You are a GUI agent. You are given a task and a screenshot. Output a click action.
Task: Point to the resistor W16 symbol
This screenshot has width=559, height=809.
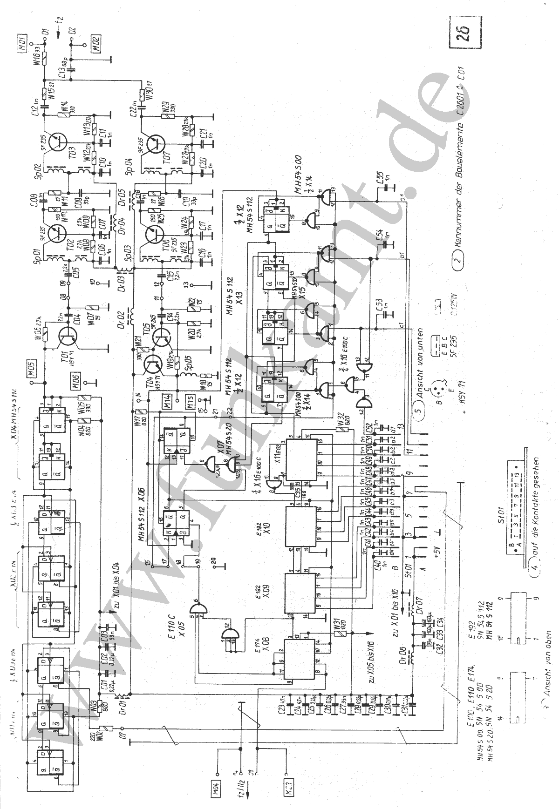tap(45, 59)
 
